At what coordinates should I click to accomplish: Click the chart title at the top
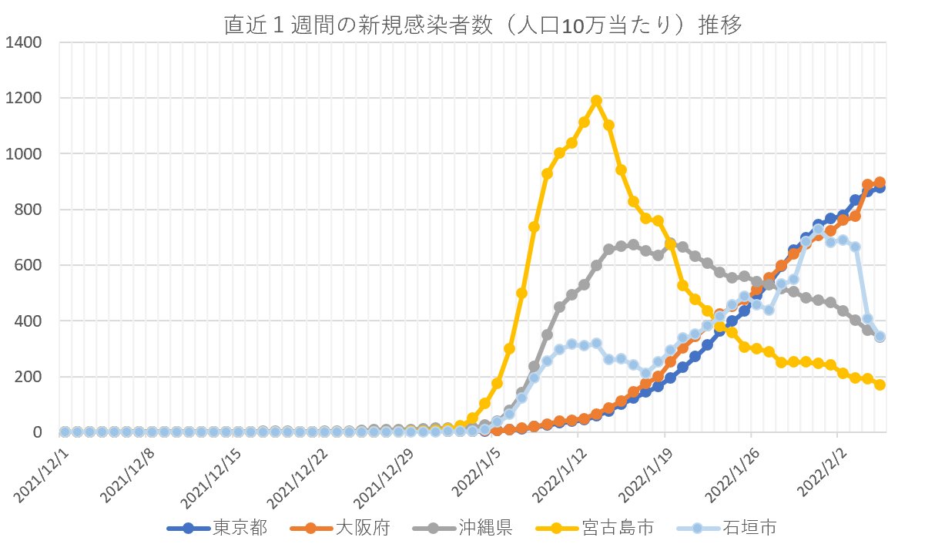(x=482, y=25)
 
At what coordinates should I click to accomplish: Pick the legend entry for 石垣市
(x=756, y=528)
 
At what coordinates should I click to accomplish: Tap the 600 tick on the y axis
(x=29, y=266)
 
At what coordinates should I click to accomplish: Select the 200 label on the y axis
(x=29, y=377)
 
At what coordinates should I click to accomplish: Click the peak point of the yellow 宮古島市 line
(x=596, y=101)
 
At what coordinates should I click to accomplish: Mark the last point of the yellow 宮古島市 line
(x=880, y=384)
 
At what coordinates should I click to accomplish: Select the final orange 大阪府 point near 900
(x=880, y=183)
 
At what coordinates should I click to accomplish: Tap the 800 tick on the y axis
(x=29, y=210)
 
